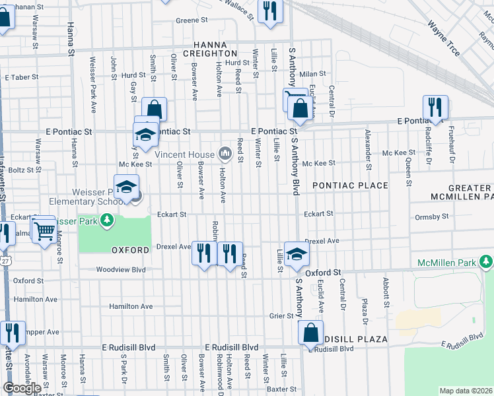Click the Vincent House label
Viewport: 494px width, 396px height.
[x=184, y=154]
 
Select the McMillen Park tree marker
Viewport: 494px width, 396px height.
[x=487, y=263]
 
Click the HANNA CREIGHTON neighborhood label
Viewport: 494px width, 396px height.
[x=210, y=48]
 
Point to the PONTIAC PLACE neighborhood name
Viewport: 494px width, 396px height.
[x=350, y=185]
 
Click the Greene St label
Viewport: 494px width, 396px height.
[x=192, y=20]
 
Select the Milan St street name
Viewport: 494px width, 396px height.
[x=313, y=74]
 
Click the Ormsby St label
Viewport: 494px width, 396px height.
[x=433, y=216]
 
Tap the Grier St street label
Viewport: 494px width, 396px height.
[x=281, y=316]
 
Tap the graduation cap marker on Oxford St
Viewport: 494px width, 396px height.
[x=297, y=254]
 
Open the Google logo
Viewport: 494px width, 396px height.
[x=22, y=388]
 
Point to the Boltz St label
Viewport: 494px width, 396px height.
[x=26, y=170]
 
